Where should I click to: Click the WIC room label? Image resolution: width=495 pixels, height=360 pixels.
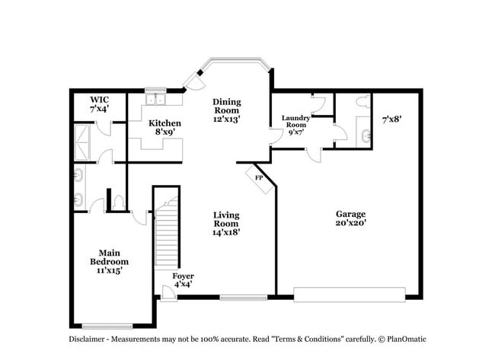tap(100, 104)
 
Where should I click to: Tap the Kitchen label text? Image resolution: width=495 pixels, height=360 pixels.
tap(164, 128)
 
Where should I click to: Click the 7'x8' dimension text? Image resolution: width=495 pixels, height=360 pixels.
tap(391, 119)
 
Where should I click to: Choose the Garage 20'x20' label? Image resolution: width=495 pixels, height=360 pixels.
tap(350, 218)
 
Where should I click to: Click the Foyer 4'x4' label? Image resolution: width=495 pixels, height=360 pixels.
tap(183, 279)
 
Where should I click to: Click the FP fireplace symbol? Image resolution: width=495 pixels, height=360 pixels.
tap(259, 178)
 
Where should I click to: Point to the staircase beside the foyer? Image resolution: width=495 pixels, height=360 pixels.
tap(166, 236)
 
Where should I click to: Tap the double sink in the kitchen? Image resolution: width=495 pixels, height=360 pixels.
tap(157, 99)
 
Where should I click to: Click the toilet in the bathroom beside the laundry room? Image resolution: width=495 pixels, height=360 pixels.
tap(362, 100)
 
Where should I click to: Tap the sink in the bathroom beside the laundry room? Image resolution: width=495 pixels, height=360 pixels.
tap(366, 135)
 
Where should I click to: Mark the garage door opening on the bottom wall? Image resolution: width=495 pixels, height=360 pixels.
tap(350, 294)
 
